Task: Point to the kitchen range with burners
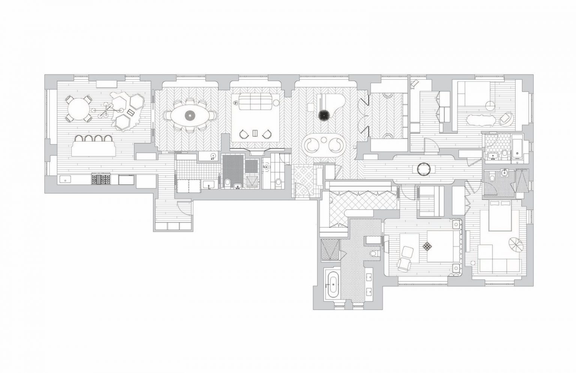(x=101, y=180)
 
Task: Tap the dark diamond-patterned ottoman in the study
(x=427, y=247)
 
